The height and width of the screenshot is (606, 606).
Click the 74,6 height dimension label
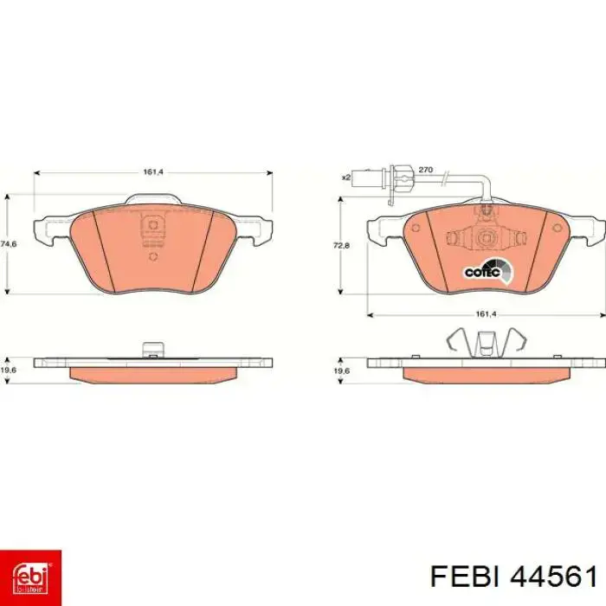(x=9, y=244)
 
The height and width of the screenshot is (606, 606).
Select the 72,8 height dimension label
(x=341, y=245)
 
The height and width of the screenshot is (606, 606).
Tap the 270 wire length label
(x=426, y=170)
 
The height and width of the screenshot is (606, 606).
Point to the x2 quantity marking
(x=346, y=177)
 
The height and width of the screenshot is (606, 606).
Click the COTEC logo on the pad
(x=488, y=271)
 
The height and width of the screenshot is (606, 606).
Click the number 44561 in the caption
(x=554, y=577)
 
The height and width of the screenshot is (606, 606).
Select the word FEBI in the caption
(x=465, y=577)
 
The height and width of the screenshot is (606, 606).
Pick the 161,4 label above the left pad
(x=153, y=172)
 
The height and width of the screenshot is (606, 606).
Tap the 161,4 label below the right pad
(x=486, y=315)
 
